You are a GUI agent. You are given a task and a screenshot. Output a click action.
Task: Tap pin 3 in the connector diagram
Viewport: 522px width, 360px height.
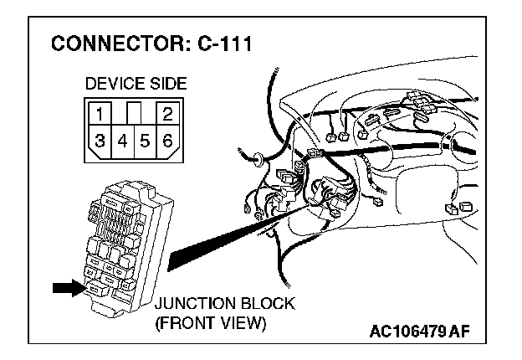click(100, 141)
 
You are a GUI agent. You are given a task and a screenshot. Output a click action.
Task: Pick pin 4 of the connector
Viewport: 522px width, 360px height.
click(122, 141)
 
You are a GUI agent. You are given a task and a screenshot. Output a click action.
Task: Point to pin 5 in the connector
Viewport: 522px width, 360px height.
click(145, 141)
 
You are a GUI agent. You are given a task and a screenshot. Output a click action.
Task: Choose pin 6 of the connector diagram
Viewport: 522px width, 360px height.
click(167, 141)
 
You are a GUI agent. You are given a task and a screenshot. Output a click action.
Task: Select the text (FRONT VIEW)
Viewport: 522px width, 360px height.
click(211, 322)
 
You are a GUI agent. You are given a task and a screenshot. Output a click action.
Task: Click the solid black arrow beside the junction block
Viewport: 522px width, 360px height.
click(67, 288)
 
